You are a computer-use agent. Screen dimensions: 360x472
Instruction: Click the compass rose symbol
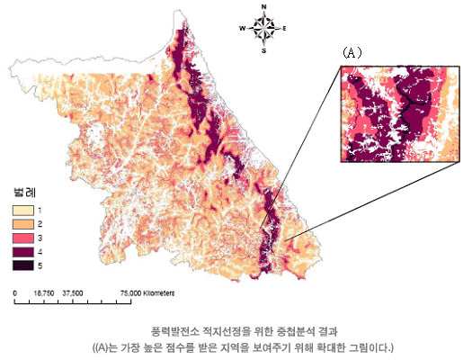click(x=263, y=29)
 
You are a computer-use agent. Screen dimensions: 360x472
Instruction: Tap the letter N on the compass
click(x=263, y=7)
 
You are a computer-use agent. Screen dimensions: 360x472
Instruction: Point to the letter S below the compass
click(x=263, y=51)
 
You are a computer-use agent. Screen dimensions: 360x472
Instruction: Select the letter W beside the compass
click(x=242, y=29)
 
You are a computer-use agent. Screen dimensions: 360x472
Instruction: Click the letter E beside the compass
click(x=285, y=29)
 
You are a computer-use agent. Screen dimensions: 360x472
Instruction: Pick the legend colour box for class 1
click(x=22, y=208)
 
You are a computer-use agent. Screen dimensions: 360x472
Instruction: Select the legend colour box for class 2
click(x=22, y=222)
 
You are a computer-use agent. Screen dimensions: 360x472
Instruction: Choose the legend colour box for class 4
click(x=22, y=251)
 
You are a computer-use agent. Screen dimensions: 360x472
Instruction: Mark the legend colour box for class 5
click(x=22, y=265)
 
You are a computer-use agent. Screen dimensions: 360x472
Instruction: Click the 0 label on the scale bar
click(x=15, y=293)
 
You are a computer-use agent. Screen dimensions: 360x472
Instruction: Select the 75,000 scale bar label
click(x=131, y=293)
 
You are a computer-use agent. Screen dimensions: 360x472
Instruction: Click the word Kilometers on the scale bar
click(x=158, y=293)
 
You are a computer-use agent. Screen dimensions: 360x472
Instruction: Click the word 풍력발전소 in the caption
click(x=177, y=331)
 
